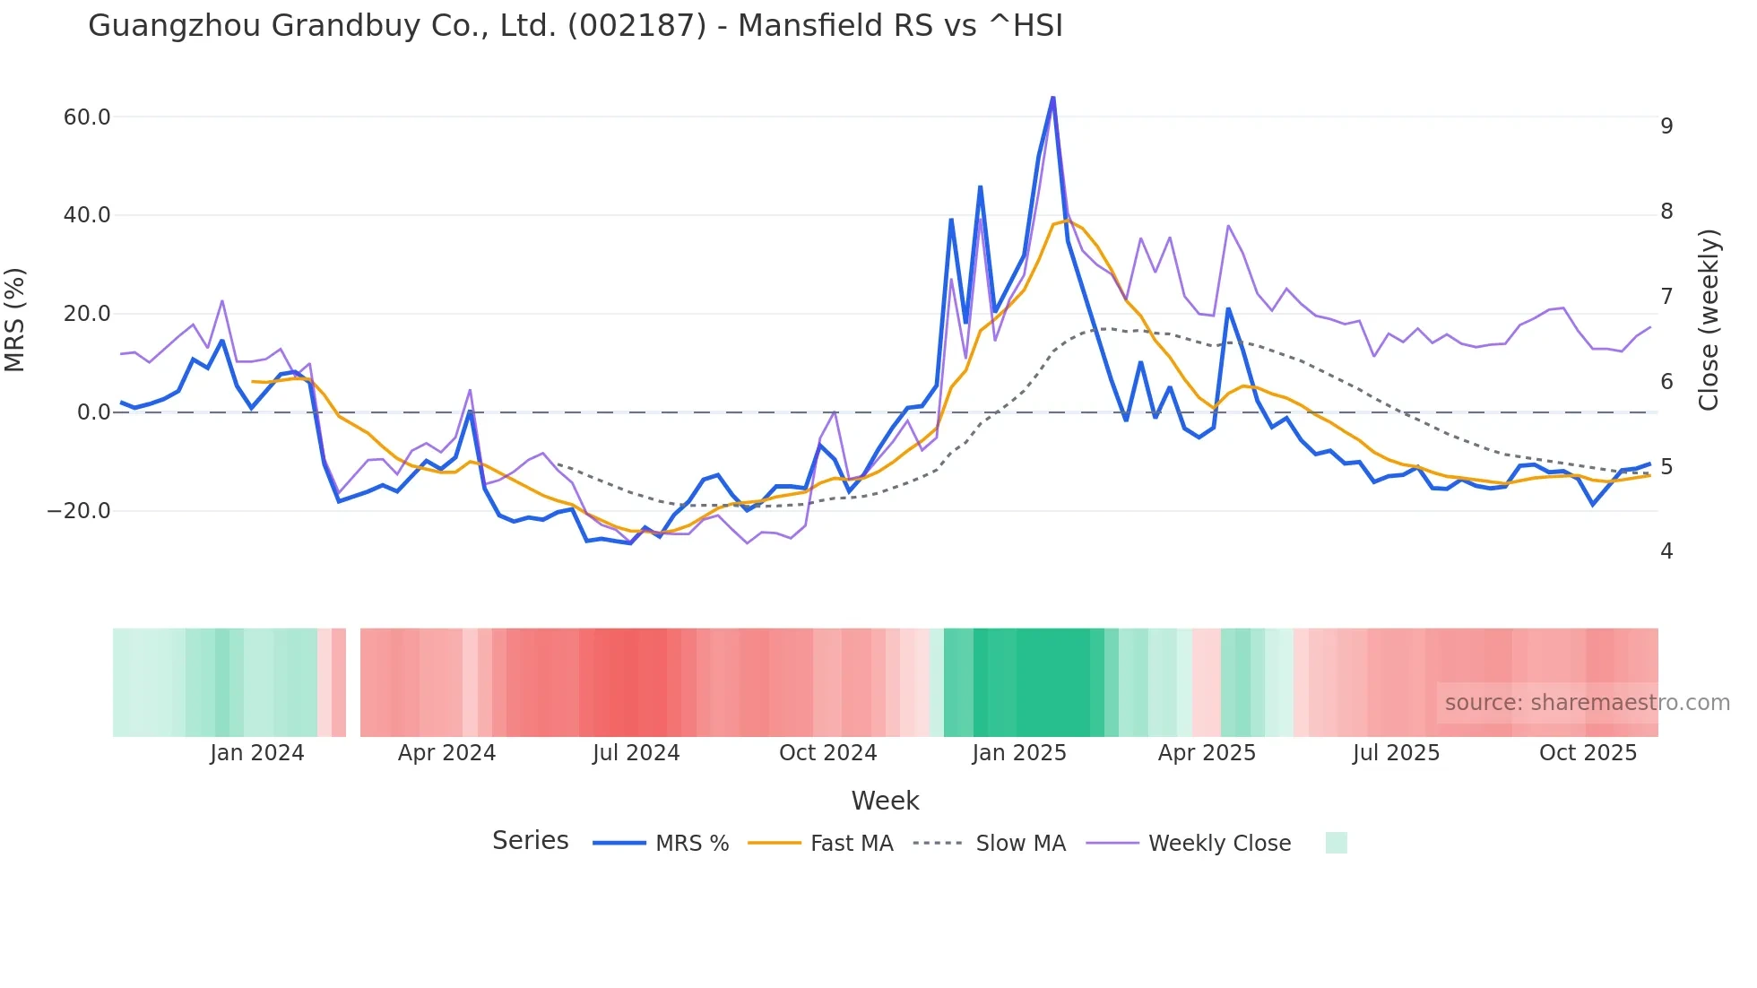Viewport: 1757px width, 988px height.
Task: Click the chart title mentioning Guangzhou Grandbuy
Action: pyautogui.click(x=576, y=26)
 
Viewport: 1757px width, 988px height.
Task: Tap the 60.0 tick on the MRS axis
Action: pyautogui.click(x=87, y=117)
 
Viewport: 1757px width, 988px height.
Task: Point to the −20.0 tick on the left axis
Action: pyautogui.click(x=79, y=511)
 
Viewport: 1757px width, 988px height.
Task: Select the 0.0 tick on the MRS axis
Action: pyautogui.click(x=93, y=412)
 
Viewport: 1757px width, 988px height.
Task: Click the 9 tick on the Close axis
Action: pyautogui.click(x=1666, y=126)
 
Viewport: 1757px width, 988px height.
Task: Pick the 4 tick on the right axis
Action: pyautogui.click(x=1666, y=551)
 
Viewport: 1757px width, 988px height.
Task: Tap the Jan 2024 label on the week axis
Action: pyautogui.click(x=257, y=753)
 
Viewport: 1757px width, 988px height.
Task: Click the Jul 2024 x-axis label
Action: pyautogui.click(x=636, y=753)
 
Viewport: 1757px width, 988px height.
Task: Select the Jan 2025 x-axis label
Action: pyautogui.click(x=1019, y=753)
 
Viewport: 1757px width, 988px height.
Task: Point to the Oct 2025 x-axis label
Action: pyautogui.click(x=1588, y=753)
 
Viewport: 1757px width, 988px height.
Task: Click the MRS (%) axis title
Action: pyautogui.click(x=15, y=320)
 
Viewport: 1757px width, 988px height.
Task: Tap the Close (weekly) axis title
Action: pyautogui.click(x=1709, y=320)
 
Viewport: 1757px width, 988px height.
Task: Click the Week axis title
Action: pyautogui.click(x=885, y=801)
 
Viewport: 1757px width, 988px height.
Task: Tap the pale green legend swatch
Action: pyautogui.click(x=1336, y=844)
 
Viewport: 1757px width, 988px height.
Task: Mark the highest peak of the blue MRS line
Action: pyautogui.click(x=1052, y=97)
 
